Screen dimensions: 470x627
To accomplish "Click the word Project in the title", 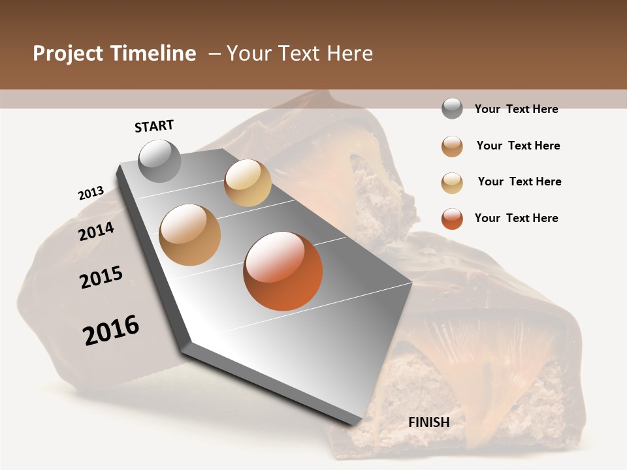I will pos(67,54).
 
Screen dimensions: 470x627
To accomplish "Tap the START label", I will pos(154,126).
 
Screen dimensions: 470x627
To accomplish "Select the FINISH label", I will pos(429,422).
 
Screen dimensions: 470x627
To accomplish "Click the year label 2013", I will pos(91,193).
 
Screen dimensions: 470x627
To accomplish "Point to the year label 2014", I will pos(97,231).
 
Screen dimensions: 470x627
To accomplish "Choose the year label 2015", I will pos(101,277).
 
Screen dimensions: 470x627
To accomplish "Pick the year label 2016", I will pos(111,330).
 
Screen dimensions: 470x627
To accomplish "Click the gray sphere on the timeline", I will pos(160,161).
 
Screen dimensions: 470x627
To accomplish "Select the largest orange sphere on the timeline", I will pos(283,271).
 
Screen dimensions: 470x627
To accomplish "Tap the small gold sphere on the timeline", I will pos(248,183).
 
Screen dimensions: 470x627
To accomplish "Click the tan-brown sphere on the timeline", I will pos(189,235).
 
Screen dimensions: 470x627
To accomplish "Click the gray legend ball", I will pos(452,108).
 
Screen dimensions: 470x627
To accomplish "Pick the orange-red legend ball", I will pos(452,219).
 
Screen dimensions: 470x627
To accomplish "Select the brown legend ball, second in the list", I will pos(452,146).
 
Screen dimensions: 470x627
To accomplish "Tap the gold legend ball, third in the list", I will pos(452,183).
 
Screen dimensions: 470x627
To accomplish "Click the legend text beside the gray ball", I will pos(516,109).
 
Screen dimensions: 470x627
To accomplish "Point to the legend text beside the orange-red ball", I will pos(516,218).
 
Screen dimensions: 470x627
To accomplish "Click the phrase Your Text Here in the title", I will pos(300,54).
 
